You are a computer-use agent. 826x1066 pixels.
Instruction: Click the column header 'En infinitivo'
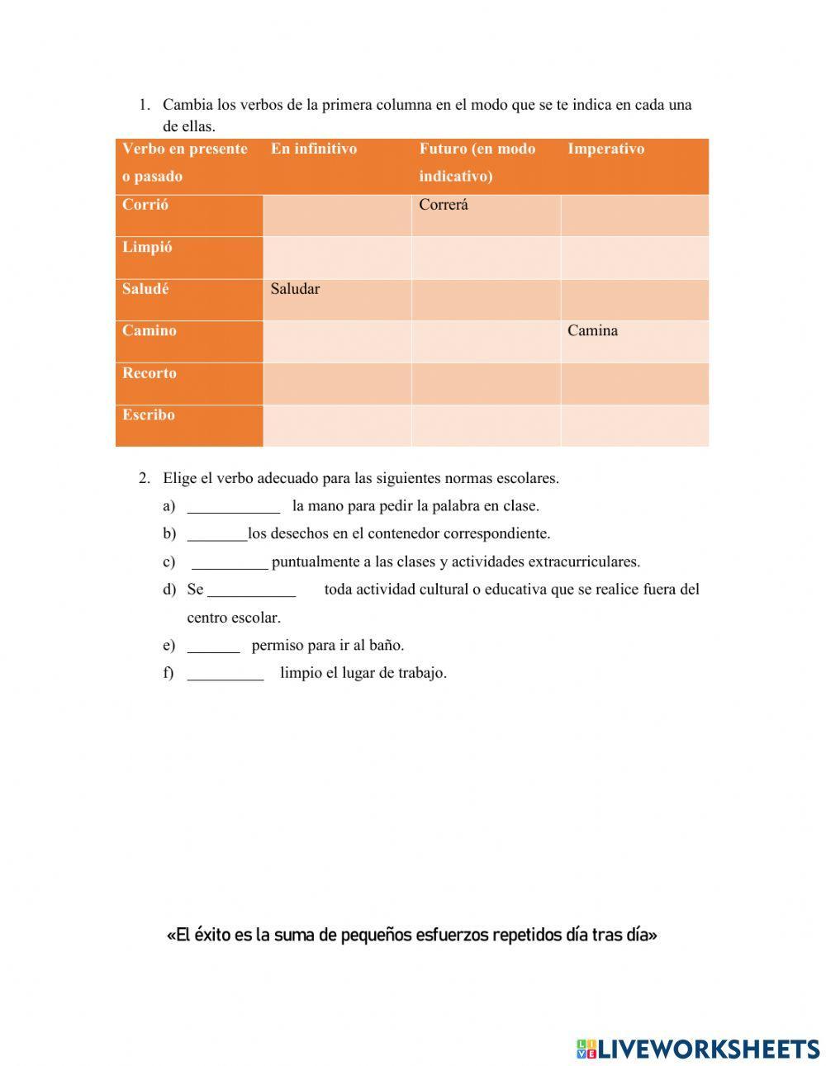tap(314, 149)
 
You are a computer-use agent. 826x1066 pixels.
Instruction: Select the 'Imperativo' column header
tap(605, 149)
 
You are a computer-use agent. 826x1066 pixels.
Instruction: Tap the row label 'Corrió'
tap(145, 205)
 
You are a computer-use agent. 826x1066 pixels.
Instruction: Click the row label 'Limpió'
tap(147, 247)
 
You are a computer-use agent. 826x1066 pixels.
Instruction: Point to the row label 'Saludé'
tap(145, 289)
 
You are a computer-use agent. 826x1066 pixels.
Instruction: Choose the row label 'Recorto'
tap(149, 373)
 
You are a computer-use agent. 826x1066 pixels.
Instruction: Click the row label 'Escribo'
tap(149, 415)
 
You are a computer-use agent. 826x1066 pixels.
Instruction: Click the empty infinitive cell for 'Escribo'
tap(337, 425)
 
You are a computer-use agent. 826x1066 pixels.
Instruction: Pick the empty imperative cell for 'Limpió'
tap(634, 258)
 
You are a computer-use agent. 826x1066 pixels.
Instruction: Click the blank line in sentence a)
tap(234, 506)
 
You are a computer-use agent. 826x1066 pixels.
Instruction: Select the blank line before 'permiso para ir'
tap(213, 646)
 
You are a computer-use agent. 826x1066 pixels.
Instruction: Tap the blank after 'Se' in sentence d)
tap(251, 590)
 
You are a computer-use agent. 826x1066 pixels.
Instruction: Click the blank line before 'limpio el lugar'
tap(225, 673)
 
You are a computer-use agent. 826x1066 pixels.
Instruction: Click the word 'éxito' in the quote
tap(212, 936)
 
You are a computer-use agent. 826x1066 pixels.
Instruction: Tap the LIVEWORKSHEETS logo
tap(698, 1049)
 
